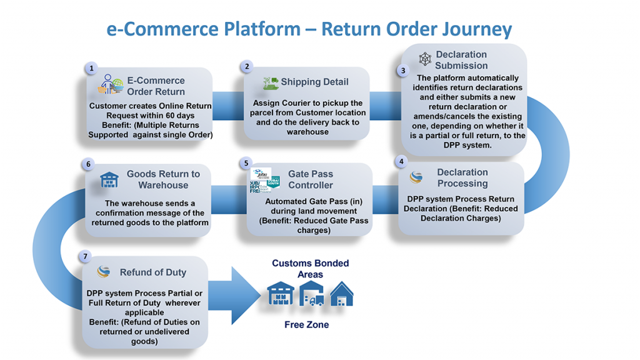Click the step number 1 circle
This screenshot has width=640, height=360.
click(x=92, y=68)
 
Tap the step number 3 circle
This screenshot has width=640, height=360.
click(x=403, y=71)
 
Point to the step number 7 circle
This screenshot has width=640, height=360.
click(x=87, y=257)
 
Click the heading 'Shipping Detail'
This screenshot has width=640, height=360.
click(x=314, y=82)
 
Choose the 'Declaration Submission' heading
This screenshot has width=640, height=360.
click(x=461, y=60)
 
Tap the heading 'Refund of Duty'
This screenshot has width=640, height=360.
click(x=153, y=272)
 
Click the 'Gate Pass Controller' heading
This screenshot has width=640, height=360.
click(x=311, y=179)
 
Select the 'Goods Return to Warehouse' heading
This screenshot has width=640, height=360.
click(x=163, y=179)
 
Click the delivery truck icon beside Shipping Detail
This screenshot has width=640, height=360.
click(x=270, y=83)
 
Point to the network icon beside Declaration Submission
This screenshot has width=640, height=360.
click(x=425, y=59)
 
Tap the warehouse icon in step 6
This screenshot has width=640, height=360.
click(x=109, y=180)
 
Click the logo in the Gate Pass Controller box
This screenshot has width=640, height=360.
click(x=264, y=181)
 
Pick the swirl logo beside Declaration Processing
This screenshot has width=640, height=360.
click(x=416, y=177)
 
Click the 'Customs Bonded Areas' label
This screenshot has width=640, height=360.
click(x=310, y=269)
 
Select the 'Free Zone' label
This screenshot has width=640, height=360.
click(x=306, y=325)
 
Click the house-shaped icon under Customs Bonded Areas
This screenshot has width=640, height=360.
click(x=341, y=294)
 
